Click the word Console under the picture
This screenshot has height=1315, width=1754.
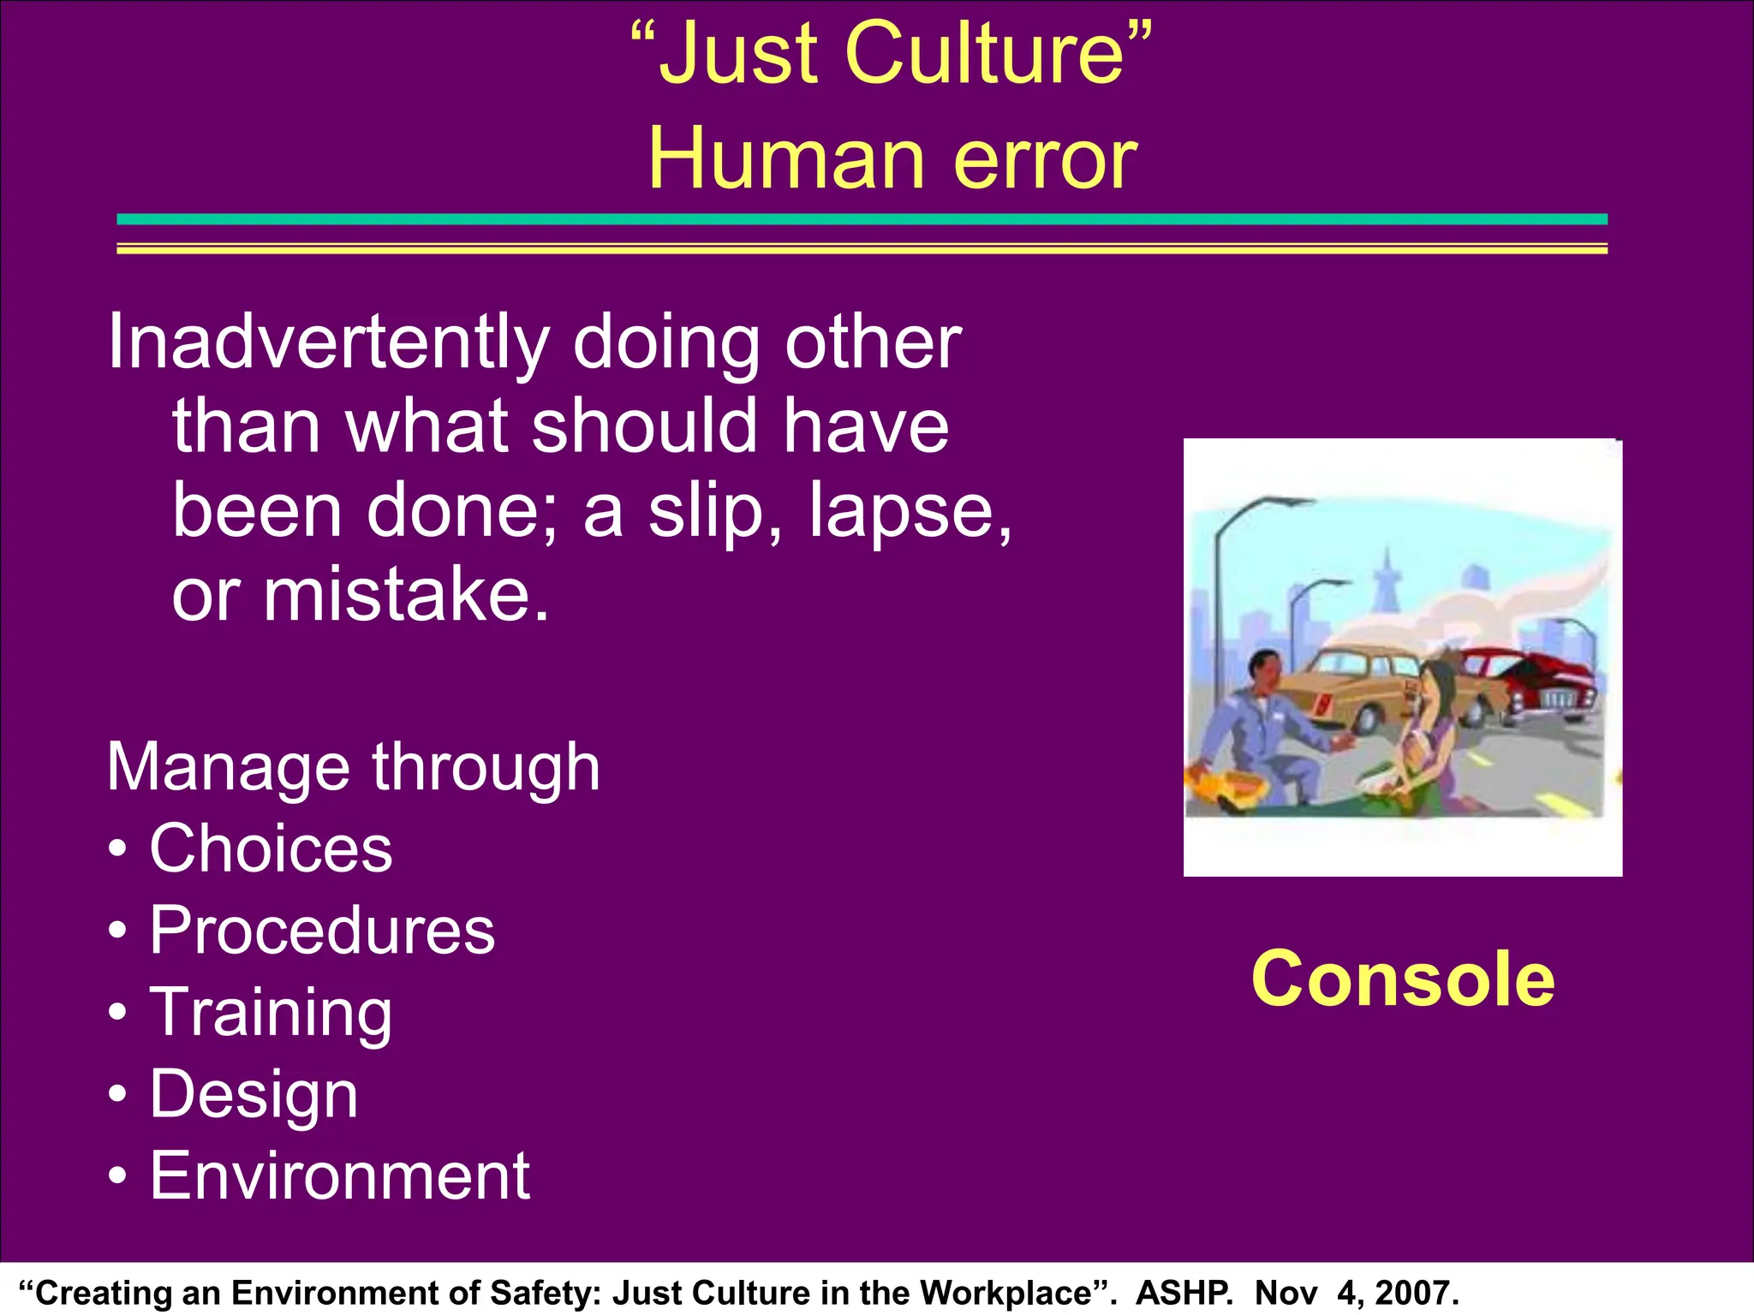1402,979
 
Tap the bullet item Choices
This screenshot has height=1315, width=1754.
271,848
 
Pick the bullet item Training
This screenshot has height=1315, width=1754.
271,1012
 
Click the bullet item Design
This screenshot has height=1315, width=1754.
254,1094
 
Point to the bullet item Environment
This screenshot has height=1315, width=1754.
339,1176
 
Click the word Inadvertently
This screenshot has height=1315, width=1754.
327,342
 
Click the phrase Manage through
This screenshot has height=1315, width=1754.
353,767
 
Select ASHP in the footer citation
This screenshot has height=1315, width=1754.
1184,1293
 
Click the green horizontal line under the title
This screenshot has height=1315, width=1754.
862,219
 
